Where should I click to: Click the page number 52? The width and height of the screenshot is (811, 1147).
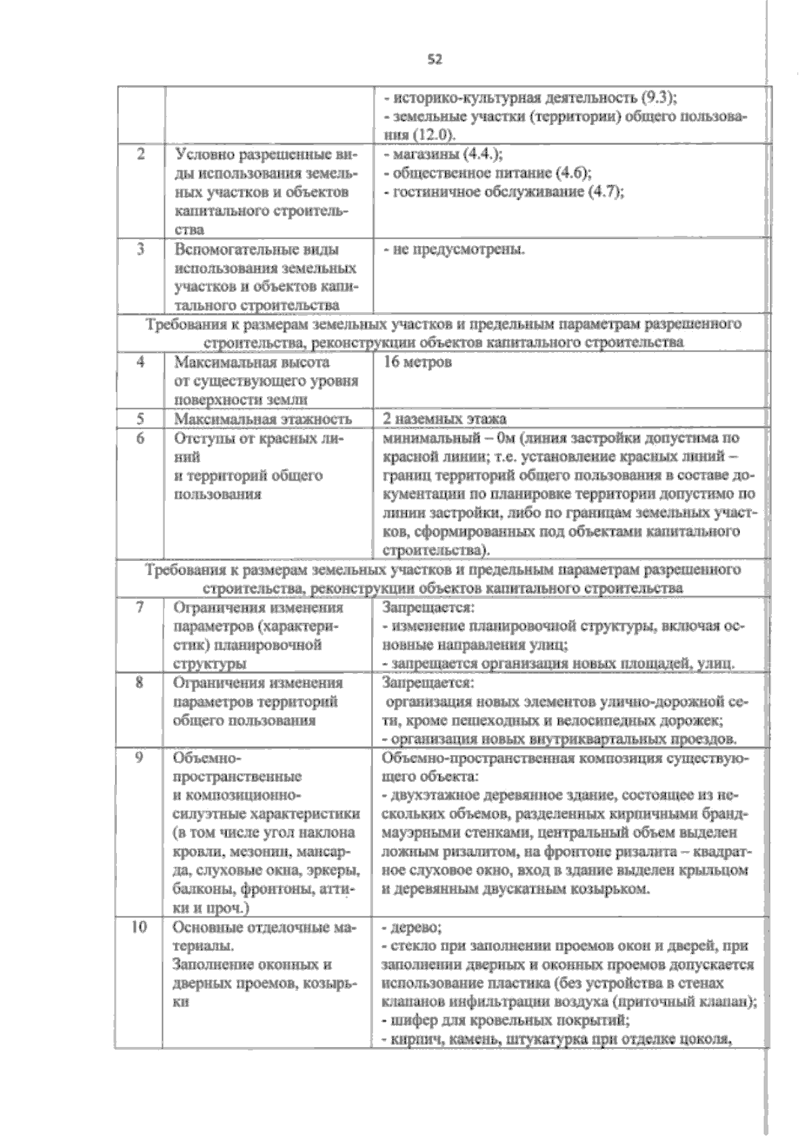pos(435,59)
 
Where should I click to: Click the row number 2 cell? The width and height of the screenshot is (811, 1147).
pos(141,154)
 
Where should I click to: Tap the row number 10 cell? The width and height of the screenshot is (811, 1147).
pos(139,927)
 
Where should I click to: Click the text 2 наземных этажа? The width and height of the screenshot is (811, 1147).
pos(445,418)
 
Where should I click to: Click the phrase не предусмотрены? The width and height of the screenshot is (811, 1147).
pos(454,249)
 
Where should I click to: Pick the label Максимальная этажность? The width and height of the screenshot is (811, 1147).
pos(263,419)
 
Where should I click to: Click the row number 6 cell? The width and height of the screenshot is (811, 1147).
pos(141,438)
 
